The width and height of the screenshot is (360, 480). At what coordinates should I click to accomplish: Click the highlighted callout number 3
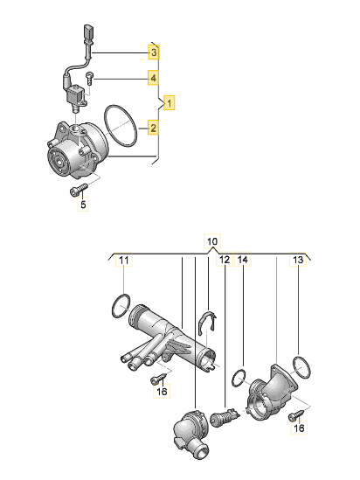click(x=154, y=52)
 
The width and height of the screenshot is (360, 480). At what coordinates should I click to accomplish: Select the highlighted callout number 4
click(x=153, y=78)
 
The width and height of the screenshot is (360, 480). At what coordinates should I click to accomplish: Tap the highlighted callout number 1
click(x=170, y=103)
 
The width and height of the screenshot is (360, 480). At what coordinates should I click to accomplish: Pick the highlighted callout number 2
click(x=153, y=128)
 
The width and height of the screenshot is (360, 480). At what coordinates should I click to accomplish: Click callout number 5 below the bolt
click(x=83, y=204)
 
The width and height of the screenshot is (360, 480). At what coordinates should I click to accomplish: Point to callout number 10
click(x=212, y=241)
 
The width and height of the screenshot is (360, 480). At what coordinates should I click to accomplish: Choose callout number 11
click(x=123, y=261)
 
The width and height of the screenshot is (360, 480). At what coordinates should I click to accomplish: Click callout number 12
click(x=225, y=260)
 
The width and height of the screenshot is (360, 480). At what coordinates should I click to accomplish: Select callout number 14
click(x=243, y=260)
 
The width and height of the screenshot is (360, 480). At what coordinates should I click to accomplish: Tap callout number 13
click(x=298, y=260)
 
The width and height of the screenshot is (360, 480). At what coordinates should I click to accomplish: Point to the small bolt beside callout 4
click(x=89, y=79)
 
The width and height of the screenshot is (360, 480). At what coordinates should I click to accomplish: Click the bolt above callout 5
click(x=79, y=190)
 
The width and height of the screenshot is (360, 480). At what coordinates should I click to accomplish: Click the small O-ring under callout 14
click(x=239, y=379)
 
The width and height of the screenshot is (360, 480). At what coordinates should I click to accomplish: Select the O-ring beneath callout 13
click(x=301, y=367)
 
